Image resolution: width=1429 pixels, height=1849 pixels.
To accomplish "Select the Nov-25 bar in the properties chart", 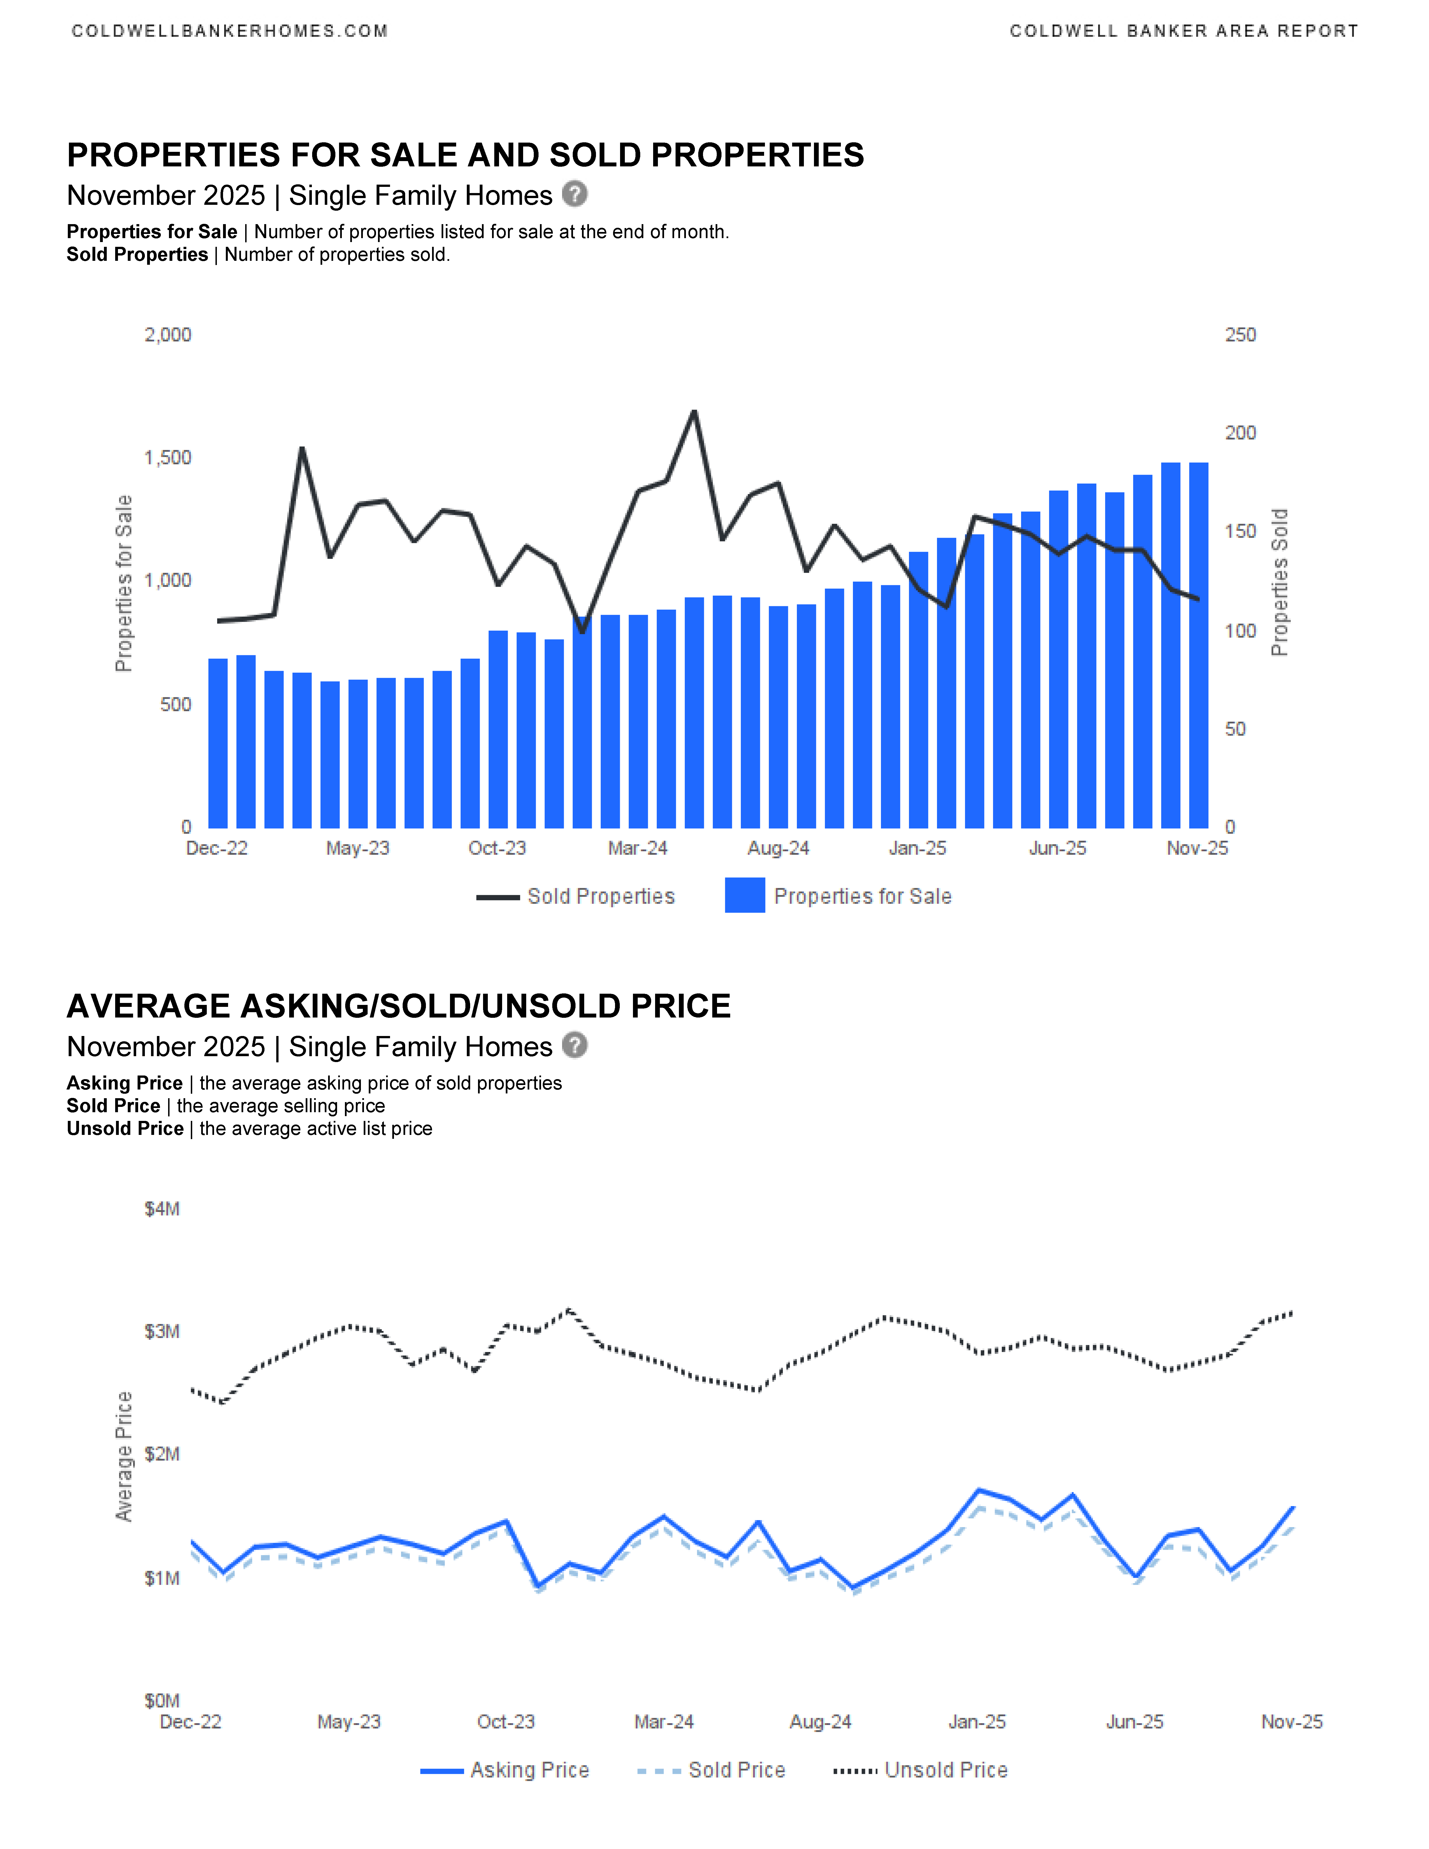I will [1198, 645].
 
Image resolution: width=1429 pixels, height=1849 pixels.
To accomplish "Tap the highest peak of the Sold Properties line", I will [694, 412].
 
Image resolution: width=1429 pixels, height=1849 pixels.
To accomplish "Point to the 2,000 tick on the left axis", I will [168, 335].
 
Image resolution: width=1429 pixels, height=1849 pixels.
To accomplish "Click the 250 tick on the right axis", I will [1240, 335].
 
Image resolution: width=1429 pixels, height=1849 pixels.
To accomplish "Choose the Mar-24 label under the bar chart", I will [637, 848].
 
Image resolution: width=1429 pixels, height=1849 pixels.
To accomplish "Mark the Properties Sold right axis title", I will [1279, 582].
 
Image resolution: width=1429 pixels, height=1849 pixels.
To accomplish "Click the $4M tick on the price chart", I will [162, 1209].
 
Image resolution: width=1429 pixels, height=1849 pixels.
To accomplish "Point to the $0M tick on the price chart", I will [162, 1701].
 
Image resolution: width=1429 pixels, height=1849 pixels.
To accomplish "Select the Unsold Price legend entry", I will [920, 1770].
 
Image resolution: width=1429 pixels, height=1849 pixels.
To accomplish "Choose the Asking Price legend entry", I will [505, 1770].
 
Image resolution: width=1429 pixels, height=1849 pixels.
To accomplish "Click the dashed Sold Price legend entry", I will [711, 1770].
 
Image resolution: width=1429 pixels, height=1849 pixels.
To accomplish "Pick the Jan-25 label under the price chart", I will [977, 1722].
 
